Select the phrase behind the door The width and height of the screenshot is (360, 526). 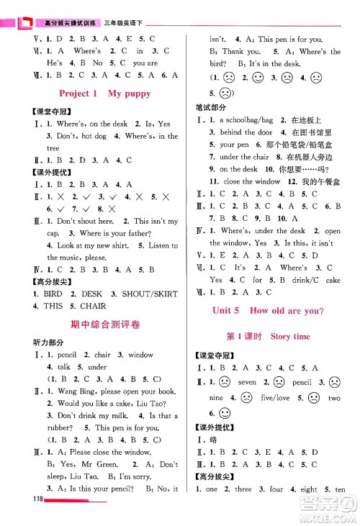pos(246,132)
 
